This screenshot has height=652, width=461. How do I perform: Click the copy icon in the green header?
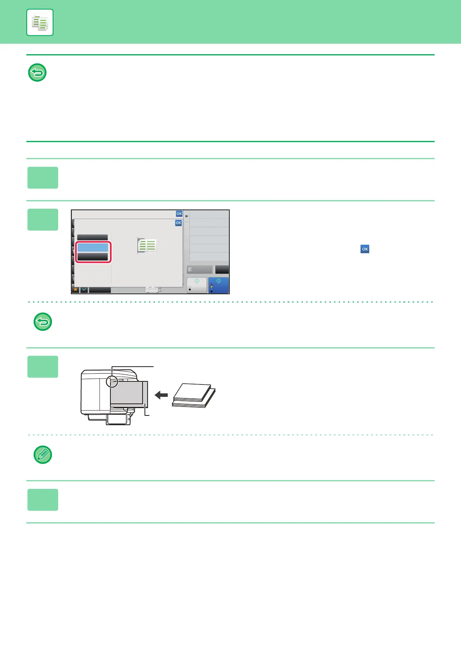[40, 23]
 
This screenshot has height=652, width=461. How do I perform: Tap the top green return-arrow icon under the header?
[38, 72]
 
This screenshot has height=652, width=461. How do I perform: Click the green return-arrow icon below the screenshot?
[43, 322]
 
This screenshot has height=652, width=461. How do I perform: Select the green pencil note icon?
[43, 455]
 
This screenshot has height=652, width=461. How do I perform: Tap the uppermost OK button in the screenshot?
[179, 214]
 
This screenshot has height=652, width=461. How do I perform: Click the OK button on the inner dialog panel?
[178, 223]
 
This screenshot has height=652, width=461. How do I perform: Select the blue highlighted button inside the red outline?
[93, 247]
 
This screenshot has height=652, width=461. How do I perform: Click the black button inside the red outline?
[93, 257]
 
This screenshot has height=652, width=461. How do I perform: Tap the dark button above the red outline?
[93, 237]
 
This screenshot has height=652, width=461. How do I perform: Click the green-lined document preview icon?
[147, 245]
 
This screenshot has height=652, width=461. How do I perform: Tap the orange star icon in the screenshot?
[76, 290]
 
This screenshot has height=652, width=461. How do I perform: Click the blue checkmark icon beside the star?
[84, 290]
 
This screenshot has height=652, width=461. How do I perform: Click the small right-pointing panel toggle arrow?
[186, 216]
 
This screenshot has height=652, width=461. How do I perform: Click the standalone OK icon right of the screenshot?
[365, 249]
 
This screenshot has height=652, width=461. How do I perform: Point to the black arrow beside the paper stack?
[161, 395]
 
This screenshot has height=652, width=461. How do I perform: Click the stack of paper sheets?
[193, 395]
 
